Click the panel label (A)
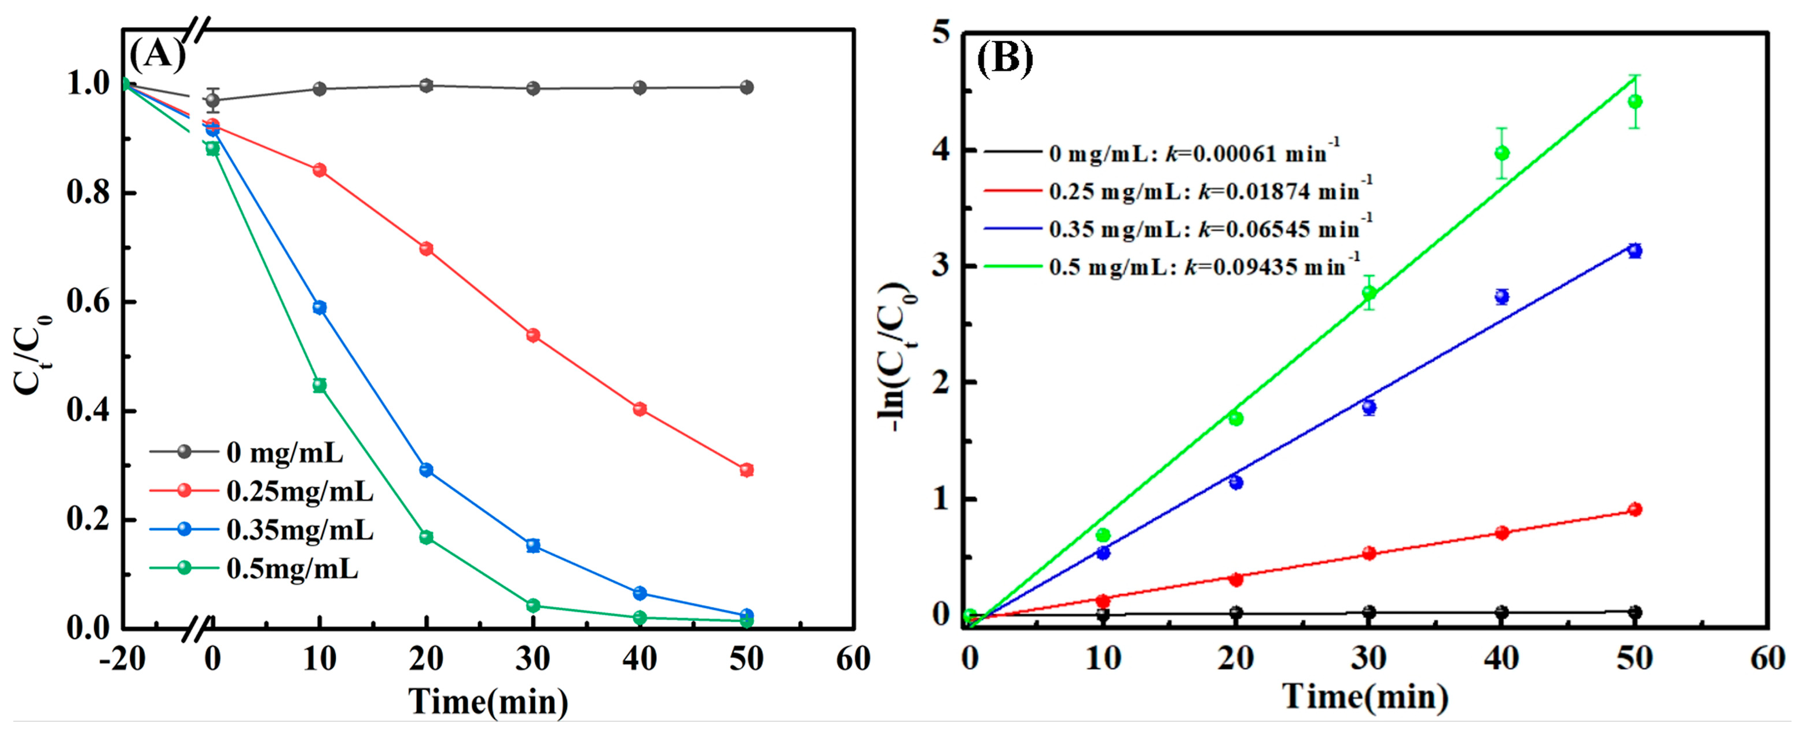click(x=157, y=54)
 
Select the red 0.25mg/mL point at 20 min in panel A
click(x=427, y=249)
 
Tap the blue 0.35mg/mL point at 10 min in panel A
click(x=320, y=307)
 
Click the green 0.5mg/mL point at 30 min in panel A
click(x=533, y=605)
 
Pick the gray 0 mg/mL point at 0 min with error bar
click(x=212, y=100)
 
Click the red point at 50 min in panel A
click(x=746, y=470)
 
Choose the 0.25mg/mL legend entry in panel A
click(x=300, y=492)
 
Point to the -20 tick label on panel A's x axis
click(x=123, y=658)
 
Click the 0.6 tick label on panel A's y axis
click(x=89, y=302)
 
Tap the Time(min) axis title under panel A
click(x=488, y=701)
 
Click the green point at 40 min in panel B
click(x=1502, y=153)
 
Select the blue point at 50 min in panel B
click(x=1635, y=251)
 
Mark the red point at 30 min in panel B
click(x=1368, y=554)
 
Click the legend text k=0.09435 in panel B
click(x=1247, y=267)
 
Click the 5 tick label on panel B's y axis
click(x=941, y=34)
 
